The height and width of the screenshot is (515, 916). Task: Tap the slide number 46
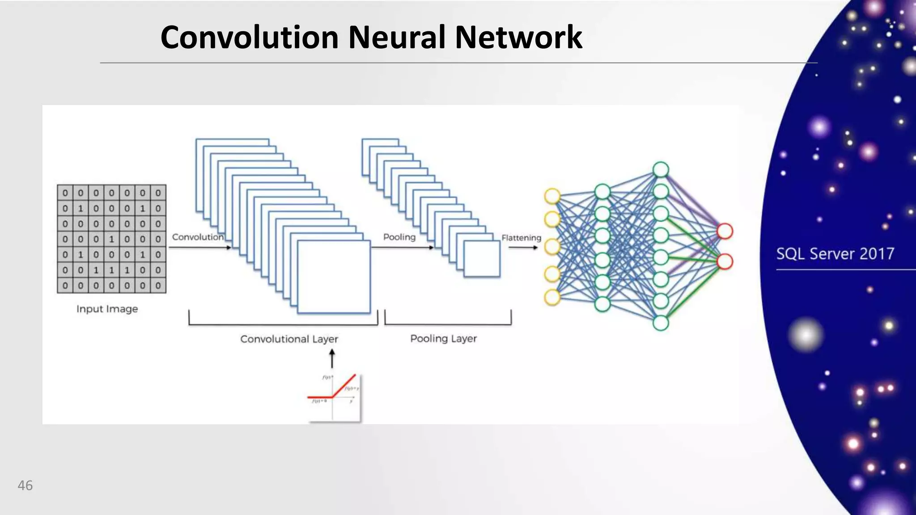pyautogui.click(x=25, y=485)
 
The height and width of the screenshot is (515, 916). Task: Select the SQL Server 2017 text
pyautogui.click(x=835, y=254)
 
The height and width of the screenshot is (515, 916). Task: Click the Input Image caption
pyautogui.click(x=107, y=309)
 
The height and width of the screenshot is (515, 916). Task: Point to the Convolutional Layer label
pyautogui.click(x=289, y=339)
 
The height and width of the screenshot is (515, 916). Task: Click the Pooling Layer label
pyautogui.click(x=443, y=338)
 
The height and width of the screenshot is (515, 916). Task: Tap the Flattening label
pyautogui.click(x=521, y=238)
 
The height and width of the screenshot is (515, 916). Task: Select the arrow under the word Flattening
pyautogui.click(x=523, y=247)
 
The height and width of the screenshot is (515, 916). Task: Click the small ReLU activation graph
pyautogui.click(x=334, y=397)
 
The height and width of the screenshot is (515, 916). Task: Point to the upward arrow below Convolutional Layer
pyautogui.click(x=332, y=359)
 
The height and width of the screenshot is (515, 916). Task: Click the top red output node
pyautogui.click(x=725, y=232)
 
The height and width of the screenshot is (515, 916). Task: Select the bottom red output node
pyautogui.click(x=725, y=262)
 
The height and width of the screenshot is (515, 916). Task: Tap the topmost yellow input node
pyautogui.click(x=552, y=196)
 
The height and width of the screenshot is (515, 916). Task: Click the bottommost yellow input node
pyautogui.click(x=552, y=297)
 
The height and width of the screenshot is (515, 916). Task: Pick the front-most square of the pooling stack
pyautogui.click(x=482, y=259)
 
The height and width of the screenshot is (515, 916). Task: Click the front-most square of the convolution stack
pyautogui.click(x=334, y=276)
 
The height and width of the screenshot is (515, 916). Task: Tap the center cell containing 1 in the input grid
pyautogui.click(x=111, y=239)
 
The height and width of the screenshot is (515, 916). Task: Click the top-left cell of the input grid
pyautogui.click(x=65, y=193)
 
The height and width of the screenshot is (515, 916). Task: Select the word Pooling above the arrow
pyautogui.click(x=399, y=237)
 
